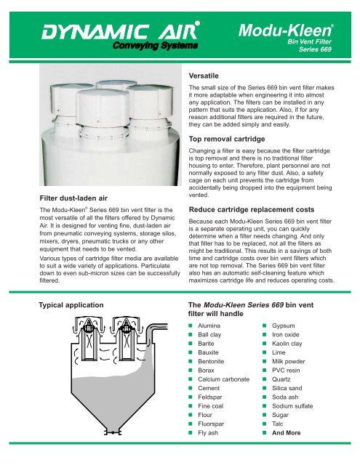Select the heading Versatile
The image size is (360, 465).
(201, 75)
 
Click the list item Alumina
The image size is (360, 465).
(210, 328)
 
